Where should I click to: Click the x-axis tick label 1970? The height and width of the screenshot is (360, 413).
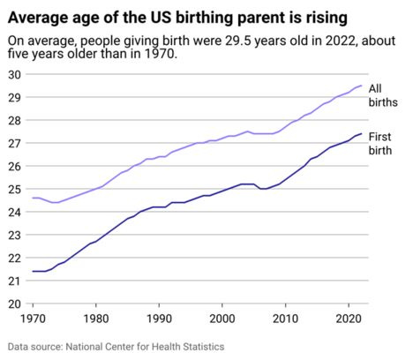(x=33, y=319)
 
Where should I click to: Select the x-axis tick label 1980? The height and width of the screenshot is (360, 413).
(x=96, y=319)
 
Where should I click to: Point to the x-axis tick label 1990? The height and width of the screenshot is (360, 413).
(x=159, y=319)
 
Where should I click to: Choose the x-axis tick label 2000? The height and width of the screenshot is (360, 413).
(x=222, y=319)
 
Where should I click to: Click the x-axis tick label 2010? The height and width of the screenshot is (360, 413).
(x=286, y=319)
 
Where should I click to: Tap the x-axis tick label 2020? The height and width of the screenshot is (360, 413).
(x=349, y=319)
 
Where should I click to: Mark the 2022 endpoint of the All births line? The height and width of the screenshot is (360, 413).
(x=362, y=86)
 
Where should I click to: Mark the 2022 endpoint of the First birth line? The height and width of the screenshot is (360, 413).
(x=362, y=134)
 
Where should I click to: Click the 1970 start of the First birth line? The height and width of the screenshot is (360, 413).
(x=33, y=271)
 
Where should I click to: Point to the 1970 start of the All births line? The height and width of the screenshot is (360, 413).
(x=33, y=198)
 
